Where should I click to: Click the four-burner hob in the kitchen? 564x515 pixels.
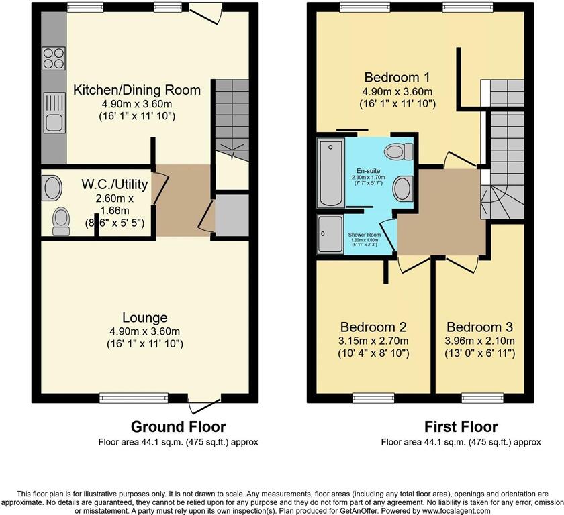(x=53, y=58)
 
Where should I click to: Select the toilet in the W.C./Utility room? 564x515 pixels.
(x=61, y=221)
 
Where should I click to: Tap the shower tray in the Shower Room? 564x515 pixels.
(x=329, y=235)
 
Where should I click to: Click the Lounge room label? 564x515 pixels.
(x=144, y=317)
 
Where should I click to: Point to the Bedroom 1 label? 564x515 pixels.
(x=397, y=76)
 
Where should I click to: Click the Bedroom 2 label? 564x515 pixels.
(x=373, y=327)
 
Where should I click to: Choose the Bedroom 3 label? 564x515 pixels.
(x=479, y=327)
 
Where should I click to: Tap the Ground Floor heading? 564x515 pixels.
(x=178, y=426)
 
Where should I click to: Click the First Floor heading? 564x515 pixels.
(x=461, y=426)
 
